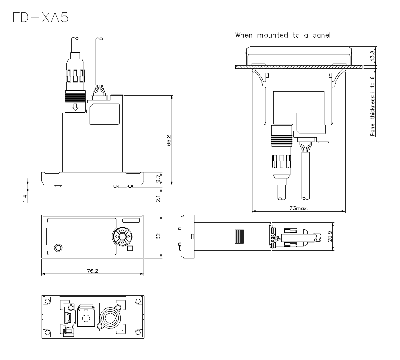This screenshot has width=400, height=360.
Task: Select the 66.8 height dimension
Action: click(168, 140)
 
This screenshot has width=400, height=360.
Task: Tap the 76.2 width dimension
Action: click(93, 271)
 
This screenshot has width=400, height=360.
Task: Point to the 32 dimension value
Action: click(158, 236)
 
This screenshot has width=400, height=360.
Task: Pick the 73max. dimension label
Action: click(299, 208)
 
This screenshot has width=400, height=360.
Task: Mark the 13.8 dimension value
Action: click(373, 55)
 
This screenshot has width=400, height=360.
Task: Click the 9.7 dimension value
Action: click(158, 178)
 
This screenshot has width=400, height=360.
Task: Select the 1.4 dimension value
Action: click(25, 198)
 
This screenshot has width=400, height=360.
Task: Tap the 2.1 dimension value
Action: click(158, 198)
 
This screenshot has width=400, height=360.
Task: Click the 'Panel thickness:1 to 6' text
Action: click(372, 106)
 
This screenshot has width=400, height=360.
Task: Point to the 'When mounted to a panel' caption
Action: click(283, 35)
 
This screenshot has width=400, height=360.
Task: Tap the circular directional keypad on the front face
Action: click(123, 236)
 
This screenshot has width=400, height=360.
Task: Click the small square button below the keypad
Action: click(130, 249)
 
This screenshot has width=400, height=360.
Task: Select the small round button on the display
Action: click(58, 248)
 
